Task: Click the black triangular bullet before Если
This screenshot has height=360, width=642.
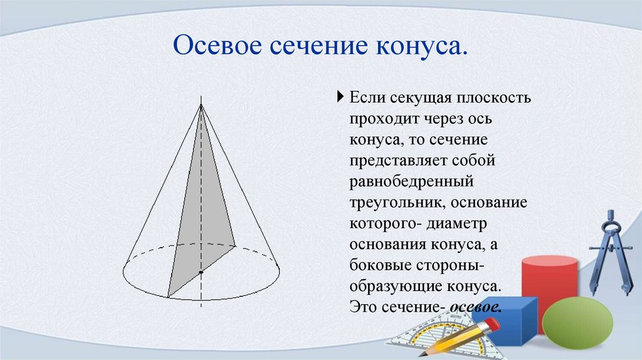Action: tap(340, 97)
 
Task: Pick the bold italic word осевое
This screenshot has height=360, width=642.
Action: tap(476, 308)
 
